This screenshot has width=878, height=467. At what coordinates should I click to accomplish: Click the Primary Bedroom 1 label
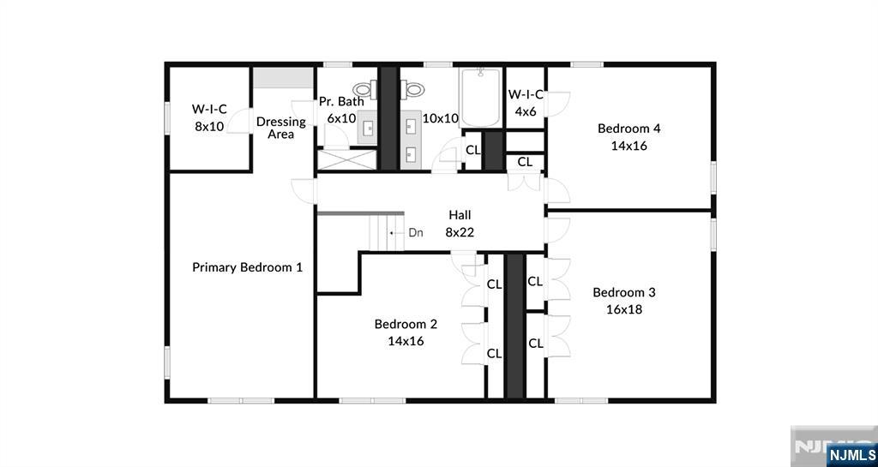point(247,267)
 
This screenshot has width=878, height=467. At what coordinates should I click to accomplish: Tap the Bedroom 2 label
point(406,324)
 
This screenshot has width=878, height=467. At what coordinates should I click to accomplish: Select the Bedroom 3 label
point(624,292)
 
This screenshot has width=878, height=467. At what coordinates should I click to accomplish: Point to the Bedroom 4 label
point(628,129)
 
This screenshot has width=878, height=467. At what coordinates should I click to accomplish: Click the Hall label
point(460,215)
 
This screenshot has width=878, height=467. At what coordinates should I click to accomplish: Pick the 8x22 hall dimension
point(460,231)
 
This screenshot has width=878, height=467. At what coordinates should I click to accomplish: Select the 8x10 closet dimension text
point(209,126)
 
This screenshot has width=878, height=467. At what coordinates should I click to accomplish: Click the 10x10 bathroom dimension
point(441,118)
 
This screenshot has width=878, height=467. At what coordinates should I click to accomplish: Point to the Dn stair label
point(416,232)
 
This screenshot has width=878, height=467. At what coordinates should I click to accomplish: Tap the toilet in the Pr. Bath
point(364,87)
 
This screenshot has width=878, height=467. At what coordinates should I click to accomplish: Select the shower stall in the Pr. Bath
point(336,159)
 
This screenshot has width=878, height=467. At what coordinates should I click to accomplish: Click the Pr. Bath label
point(341,101)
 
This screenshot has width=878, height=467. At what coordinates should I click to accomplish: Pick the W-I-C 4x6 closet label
point(526,94)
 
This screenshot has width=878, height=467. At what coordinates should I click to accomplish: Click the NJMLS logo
point(851,453)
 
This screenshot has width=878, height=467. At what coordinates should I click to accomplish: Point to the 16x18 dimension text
point(624,309)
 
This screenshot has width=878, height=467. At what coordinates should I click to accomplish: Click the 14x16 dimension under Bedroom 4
point(628,146)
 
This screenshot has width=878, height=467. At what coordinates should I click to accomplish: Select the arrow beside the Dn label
point(394,232)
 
